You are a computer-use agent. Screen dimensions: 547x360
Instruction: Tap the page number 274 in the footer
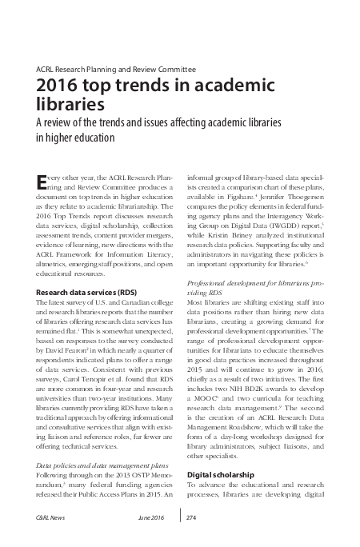tap(190, 518)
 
